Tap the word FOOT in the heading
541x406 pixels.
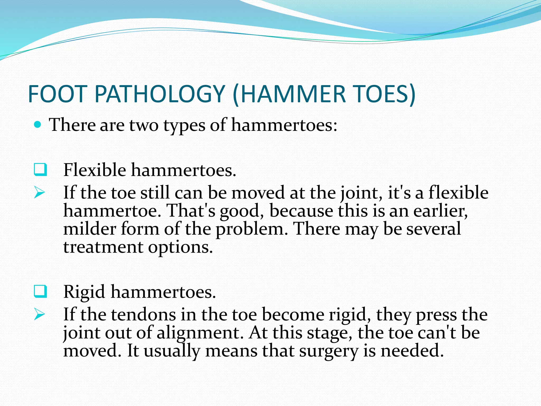click(x=57, y=94)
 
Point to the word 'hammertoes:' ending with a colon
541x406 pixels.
click(x=284, y=125)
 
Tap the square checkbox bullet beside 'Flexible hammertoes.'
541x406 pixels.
click(x=40, y=170)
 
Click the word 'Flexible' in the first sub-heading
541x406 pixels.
click(x=95, y=170)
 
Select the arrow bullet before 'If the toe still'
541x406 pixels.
click(x=39, y=192)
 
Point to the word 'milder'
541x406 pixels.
click(x=90, y=229)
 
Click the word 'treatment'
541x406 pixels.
click(x=103, y=247)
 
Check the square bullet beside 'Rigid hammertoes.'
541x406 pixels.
click(x=40, y=292)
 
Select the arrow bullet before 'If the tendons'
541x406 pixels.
click(x=39, y=315)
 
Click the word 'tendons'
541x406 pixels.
click(x=143, y=315)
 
